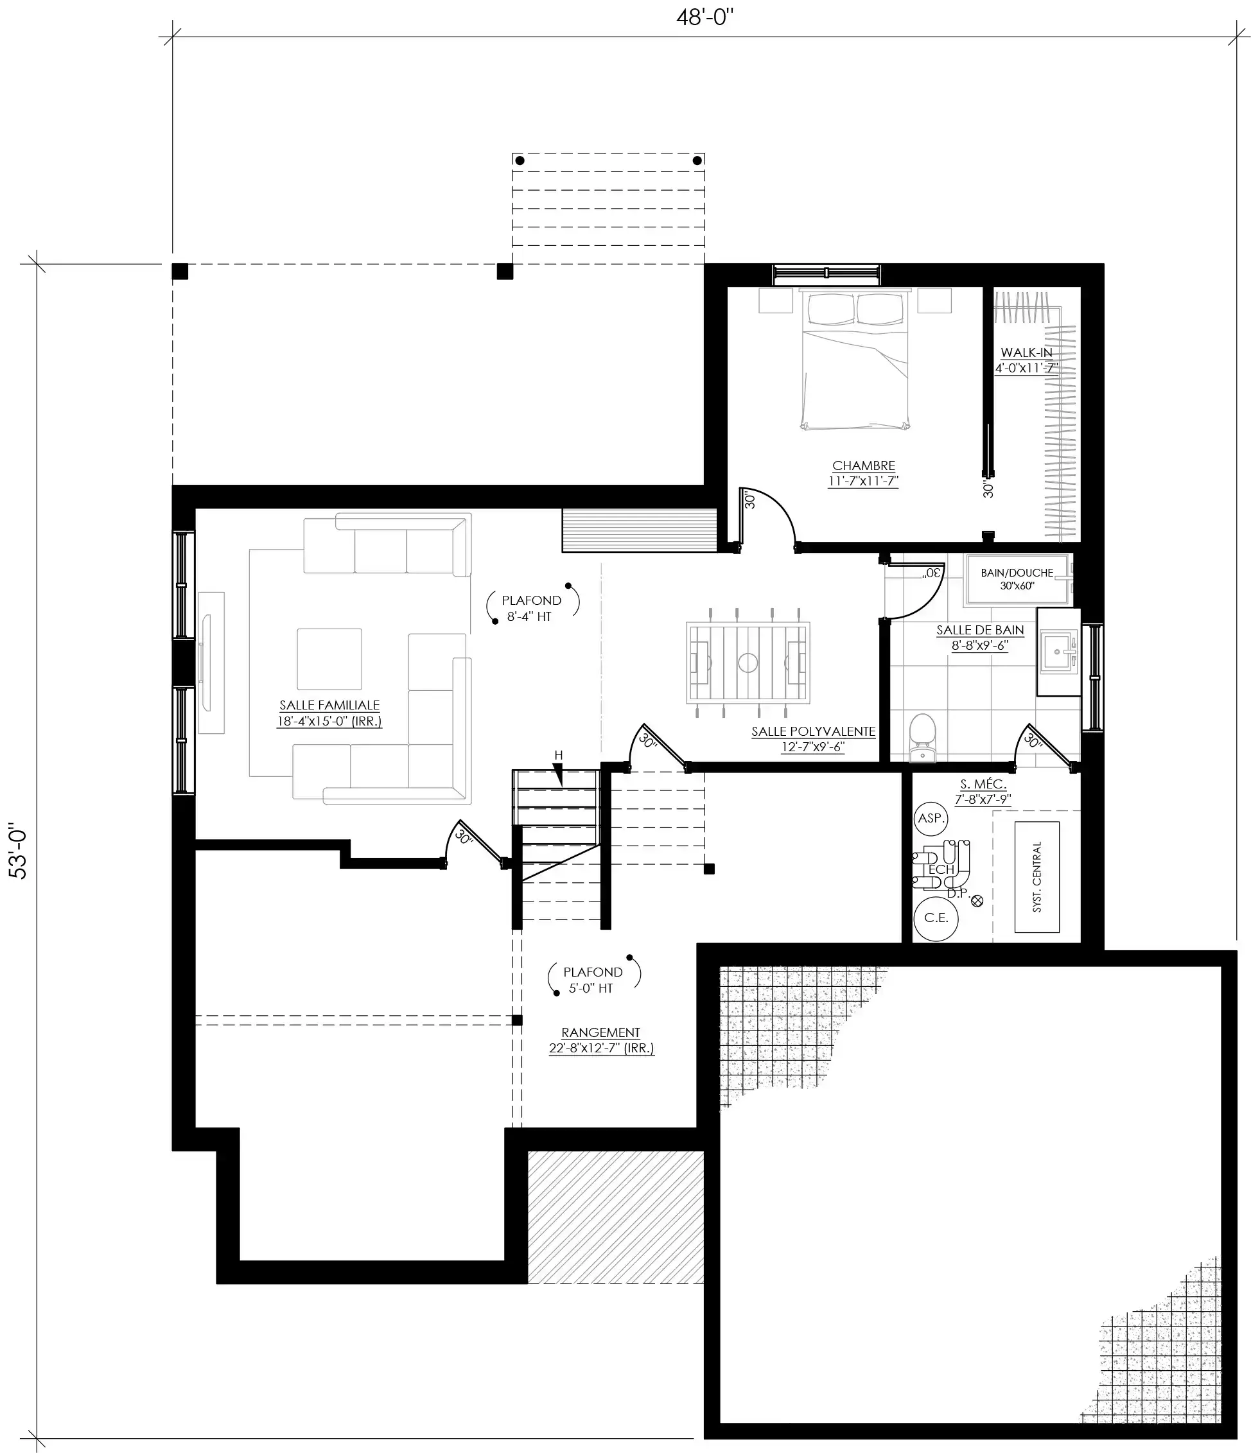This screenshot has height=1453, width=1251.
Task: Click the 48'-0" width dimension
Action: [x=704, y=17]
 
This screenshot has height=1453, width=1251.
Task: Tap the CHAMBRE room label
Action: [x=863, y=465]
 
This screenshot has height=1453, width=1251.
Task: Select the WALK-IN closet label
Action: [x=1027, y=352]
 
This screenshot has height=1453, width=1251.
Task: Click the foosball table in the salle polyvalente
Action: [x=748, y=662]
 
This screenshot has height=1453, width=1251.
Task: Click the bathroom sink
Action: [x=1058, y=652]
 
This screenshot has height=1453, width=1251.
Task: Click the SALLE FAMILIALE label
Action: [x=329, y=706]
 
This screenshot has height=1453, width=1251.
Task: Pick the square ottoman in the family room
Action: [x=329, y=659]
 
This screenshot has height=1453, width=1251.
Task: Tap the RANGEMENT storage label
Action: [x=601, y=1033]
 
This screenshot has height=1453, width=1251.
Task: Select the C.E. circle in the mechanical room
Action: [x=936, y=918]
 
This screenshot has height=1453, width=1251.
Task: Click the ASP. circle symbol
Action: [x=931, y=817]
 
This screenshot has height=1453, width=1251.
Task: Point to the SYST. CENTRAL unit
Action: [x=1037, y=877]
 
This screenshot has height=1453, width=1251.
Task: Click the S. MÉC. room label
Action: [x=983, y=784]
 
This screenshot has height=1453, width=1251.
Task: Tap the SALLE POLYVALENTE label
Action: [x=814, y=731]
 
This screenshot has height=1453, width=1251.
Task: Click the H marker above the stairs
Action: [x=558, y=755]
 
